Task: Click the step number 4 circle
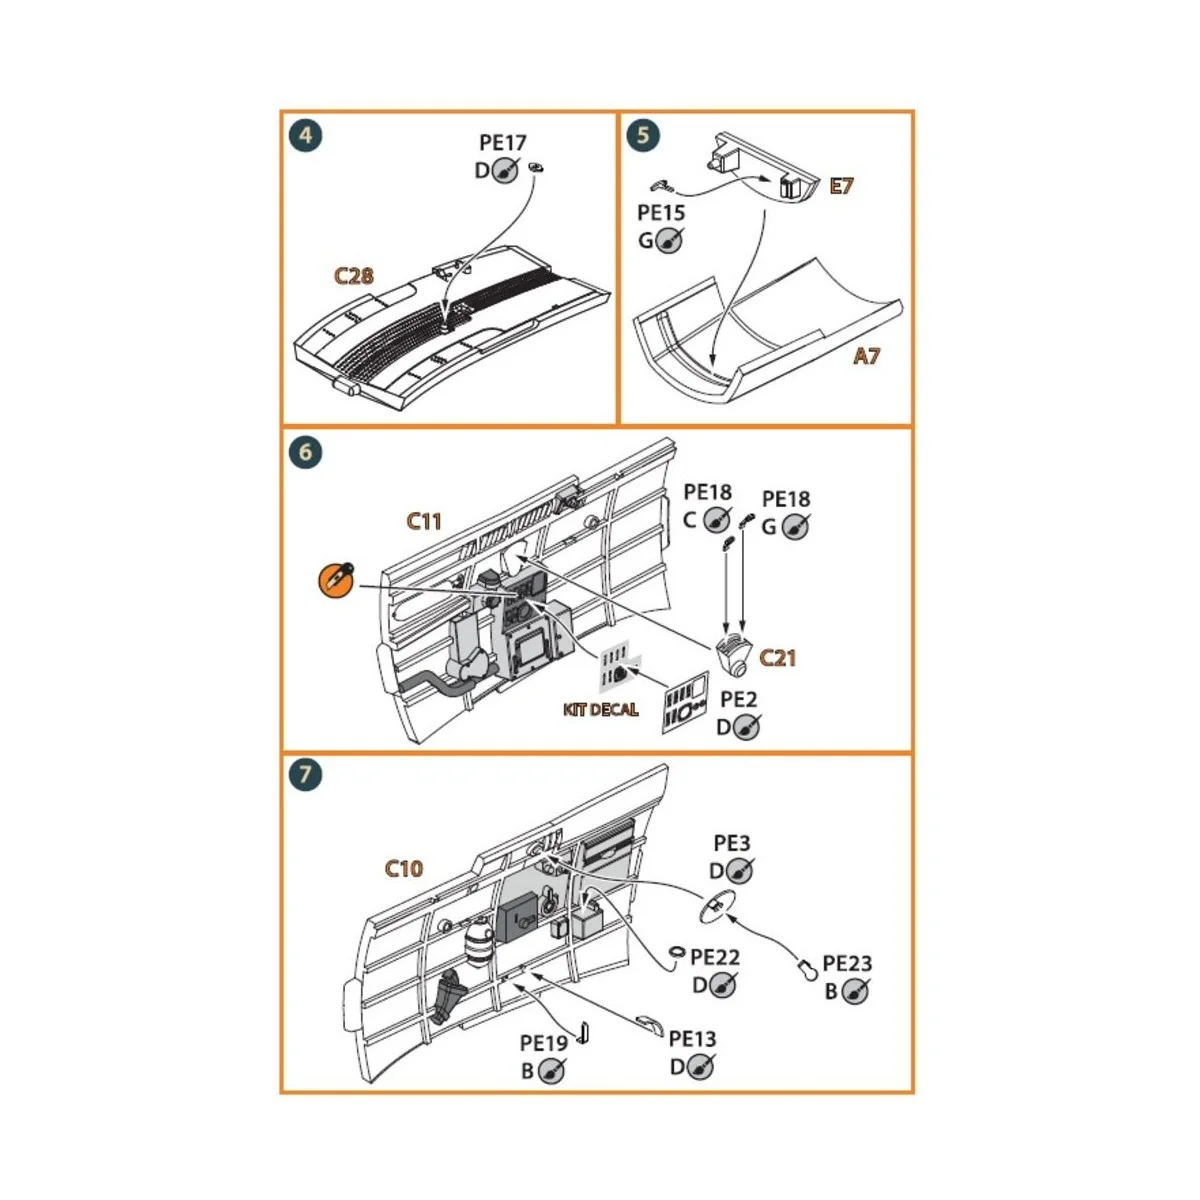point(305,135)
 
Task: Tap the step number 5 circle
point(643,135)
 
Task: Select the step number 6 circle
point(305,452)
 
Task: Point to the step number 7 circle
point(305,775)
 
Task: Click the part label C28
point(353,276)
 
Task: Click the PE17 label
point(502,144)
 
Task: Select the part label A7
point(866,355)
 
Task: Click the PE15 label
point(661,213)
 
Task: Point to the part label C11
point(424,521)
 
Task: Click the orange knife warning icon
point(335,582)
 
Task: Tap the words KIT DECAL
point(600,710)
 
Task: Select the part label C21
point(777,657)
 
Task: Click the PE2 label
point(738,699)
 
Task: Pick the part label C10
point(404,868)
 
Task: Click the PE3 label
point(731,844)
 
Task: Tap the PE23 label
point(846,964)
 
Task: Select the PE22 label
point(715,958)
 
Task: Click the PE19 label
point(544,1043)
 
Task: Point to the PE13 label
point(692,1040)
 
